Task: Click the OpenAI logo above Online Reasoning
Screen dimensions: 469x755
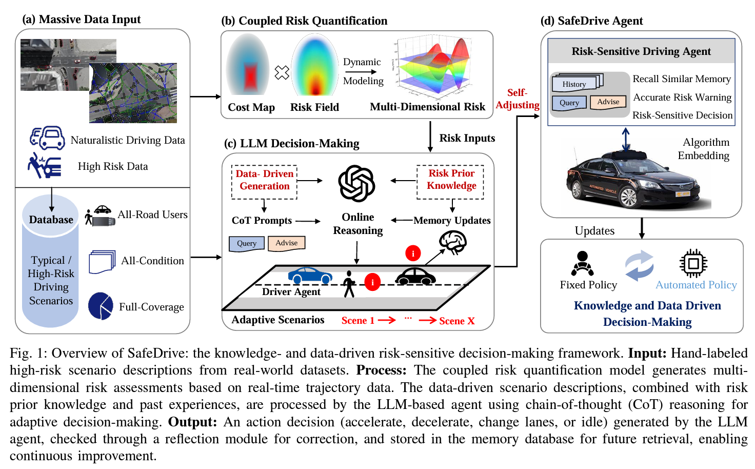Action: click(x=357, y=183)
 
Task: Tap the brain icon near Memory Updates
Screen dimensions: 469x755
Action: click(x=452, y=242)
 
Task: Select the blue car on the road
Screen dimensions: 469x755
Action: click(x=310, y=276)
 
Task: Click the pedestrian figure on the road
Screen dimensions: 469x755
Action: click(x=349, y=284)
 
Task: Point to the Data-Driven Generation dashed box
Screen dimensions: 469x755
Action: click(x=265, y=181)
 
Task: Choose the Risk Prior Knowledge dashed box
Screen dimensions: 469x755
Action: click(x=451, y=180)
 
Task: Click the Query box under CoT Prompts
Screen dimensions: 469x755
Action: click(x=247, y=244)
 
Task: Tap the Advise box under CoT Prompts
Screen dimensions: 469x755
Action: click(x=286, y=243)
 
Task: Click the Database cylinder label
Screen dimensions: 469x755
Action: click(x=51, y=220)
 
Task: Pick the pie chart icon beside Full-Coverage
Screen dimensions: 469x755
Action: click(x=101, y=306)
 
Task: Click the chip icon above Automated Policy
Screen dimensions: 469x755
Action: click(x=693, y=264)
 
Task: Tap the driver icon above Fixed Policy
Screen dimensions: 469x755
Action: click(x=582, y=263)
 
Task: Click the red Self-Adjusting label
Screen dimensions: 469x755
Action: click(x=517, y=99)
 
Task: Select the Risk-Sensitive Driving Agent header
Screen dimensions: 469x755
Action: click(x=641, y=51)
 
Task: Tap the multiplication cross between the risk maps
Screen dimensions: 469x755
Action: click(x=282, y=72)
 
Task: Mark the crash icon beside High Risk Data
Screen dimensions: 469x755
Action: click(x=45, y=165)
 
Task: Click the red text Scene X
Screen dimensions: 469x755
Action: click(x=456, y=321)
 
